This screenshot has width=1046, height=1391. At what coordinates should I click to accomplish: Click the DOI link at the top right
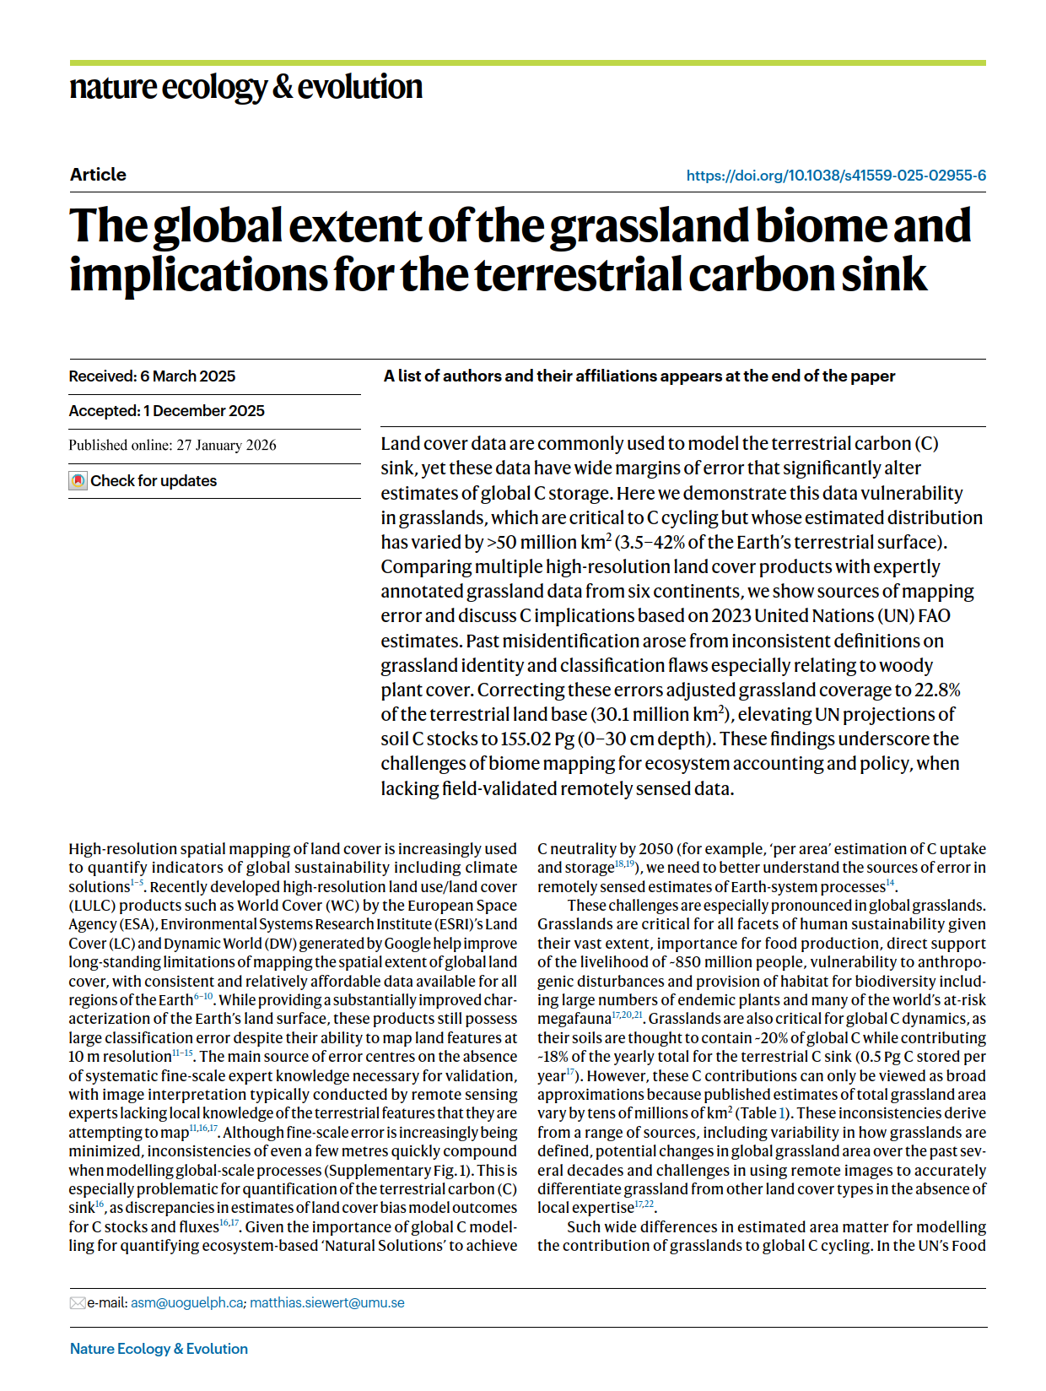click(x=835, y=176)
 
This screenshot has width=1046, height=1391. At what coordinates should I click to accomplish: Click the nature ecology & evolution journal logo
click(x=245, y=87)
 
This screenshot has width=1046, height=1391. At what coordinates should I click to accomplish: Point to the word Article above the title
click(x=98, y=175)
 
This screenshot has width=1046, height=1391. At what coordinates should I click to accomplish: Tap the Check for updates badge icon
click(x=78, y=481)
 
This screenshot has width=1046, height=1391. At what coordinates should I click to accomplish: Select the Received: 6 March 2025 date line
click(x=152, y=376)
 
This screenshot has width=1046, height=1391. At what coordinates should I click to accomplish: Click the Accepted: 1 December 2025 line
click(x=166, y=411)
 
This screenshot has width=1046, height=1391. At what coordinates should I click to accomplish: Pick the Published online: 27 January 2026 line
click(x=172, y=446)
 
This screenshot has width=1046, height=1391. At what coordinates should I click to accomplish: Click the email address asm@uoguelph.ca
click(x=186, y=1303)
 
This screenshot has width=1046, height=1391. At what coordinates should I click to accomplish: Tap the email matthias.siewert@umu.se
click(x=326, y=1303)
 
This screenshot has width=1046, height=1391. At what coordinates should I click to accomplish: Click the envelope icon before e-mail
click(x=78, y=1303)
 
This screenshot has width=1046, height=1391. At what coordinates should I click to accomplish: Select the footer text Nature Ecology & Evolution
click(x=159, y=1349)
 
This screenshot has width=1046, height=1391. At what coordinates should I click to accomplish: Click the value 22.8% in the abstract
click(x=937, y=690)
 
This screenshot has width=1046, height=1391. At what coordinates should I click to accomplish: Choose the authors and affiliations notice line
click(x=639, y=376)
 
